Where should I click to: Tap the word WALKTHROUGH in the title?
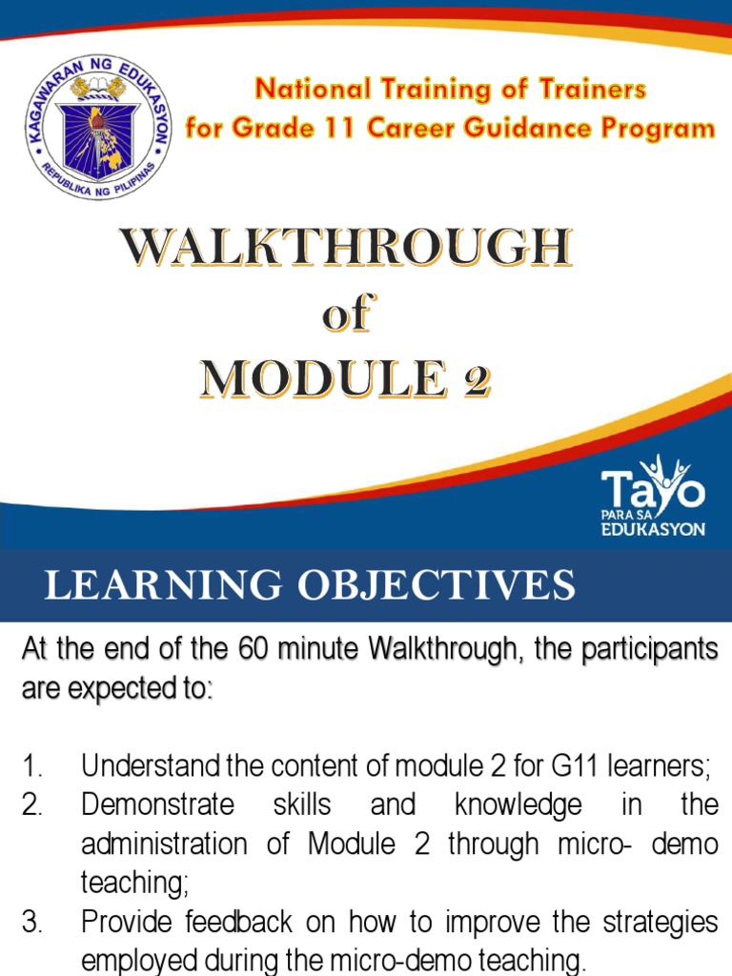tap(346, 251)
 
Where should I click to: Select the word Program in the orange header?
tap(659, 128)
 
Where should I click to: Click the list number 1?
tap(33, 764)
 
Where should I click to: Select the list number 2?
tap(34, 804)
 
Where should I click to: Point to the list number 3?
tap(34, 923)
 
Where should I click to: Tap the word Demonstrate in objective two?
tap(157, 804)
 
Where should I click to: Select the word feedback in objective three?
tap(230, 923)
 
